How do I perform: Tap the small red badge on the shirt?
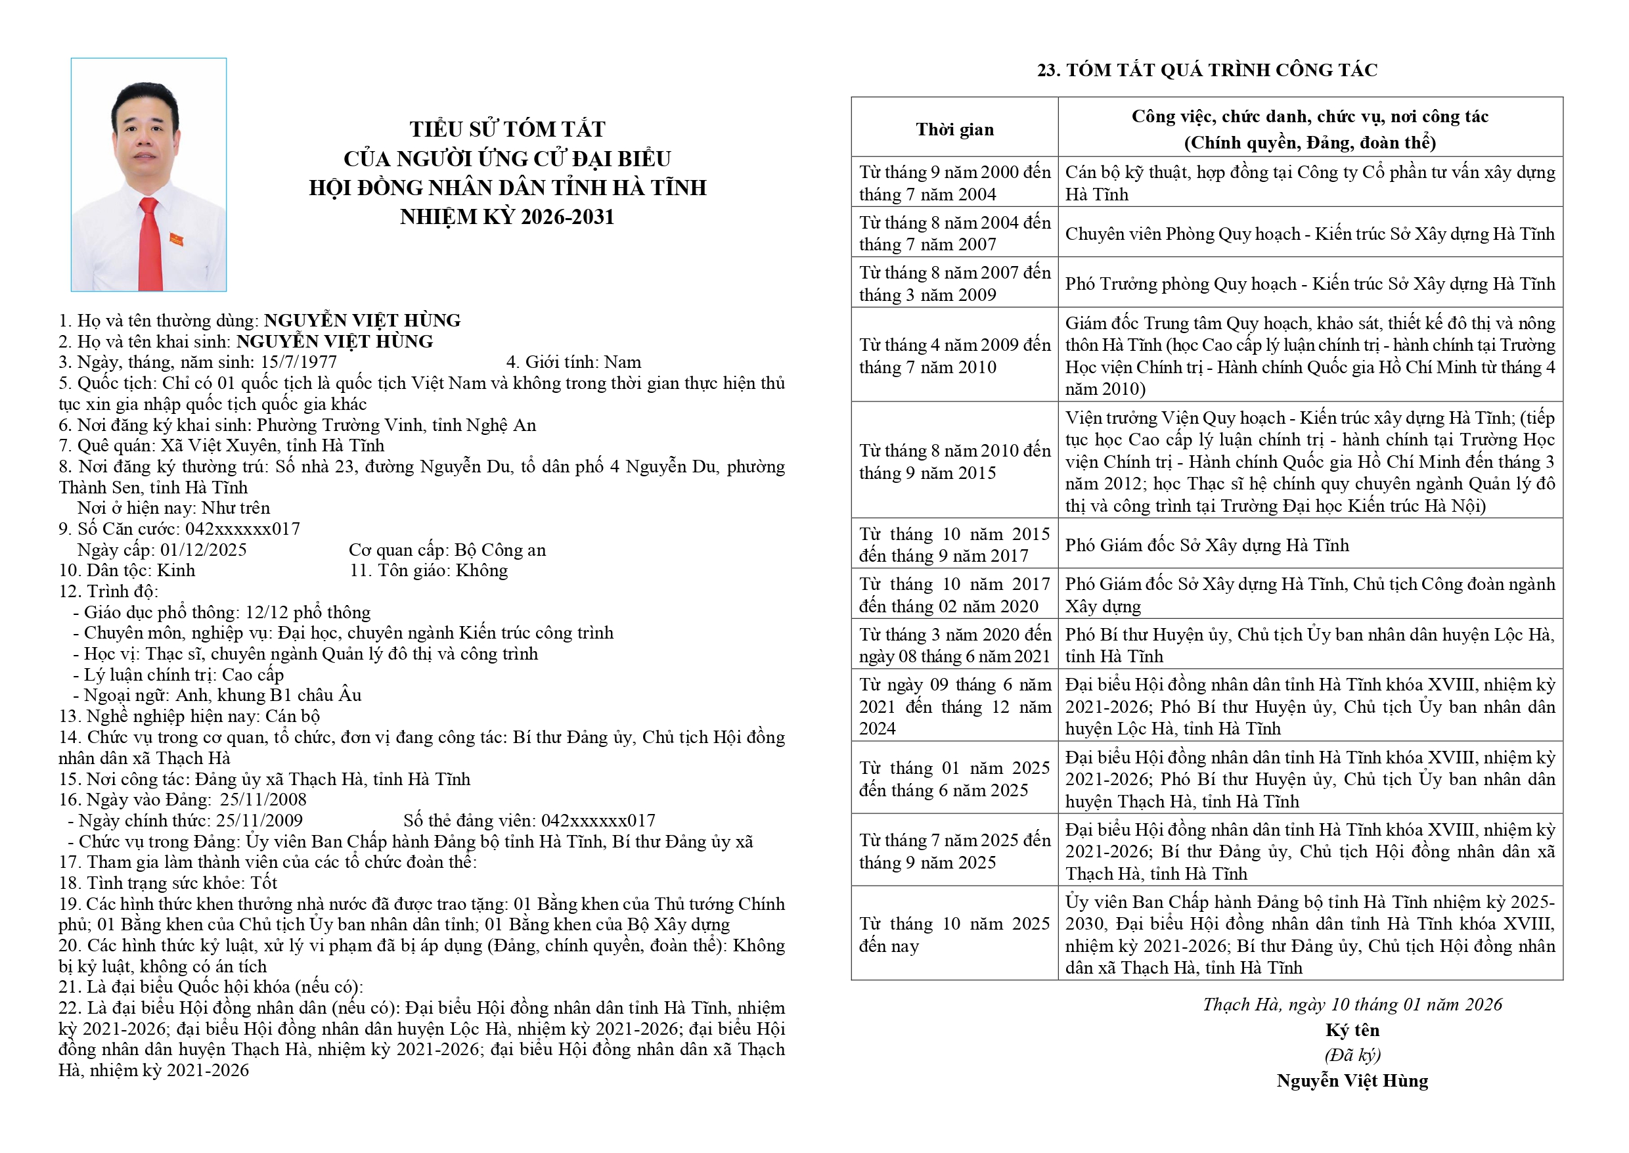pos(176,239)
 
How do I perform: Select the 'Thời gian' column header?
pos(954,129)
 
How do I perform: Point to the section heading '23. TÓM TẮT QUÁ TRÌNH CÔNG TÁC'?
pos(1207,70)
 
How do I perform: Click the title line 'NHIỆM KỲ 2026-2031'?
pos(507,217)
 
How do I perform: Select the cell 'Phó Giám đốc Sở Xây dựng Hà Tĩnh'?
pos(1207,545)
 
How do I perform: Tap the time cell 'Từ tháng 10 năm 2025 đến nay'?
pos(954,934)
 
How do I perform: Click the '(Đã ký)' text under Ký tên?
pos(1352,1055)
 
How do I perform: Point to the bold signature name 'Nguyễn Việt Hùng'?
pos(1352,1081)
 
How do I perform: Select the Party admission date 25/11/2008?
pos(263,800)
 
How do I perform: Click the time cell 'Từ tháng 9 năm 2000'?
pos(954,183)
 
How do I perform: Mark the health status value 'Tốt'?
pos(263,883)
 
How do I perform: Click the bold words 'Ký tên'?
pos(1352,1030)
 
